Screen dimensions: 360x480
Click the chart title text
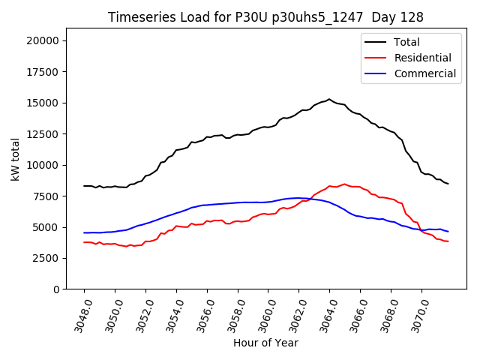(x=265, y=17)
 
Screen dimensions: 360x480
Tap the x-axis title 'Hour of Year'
(x=265, y=343)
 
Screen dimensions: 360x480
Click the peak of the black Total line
(x=328, y=99)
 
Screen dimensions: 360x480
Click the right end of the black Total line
(x=448, y=184)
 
